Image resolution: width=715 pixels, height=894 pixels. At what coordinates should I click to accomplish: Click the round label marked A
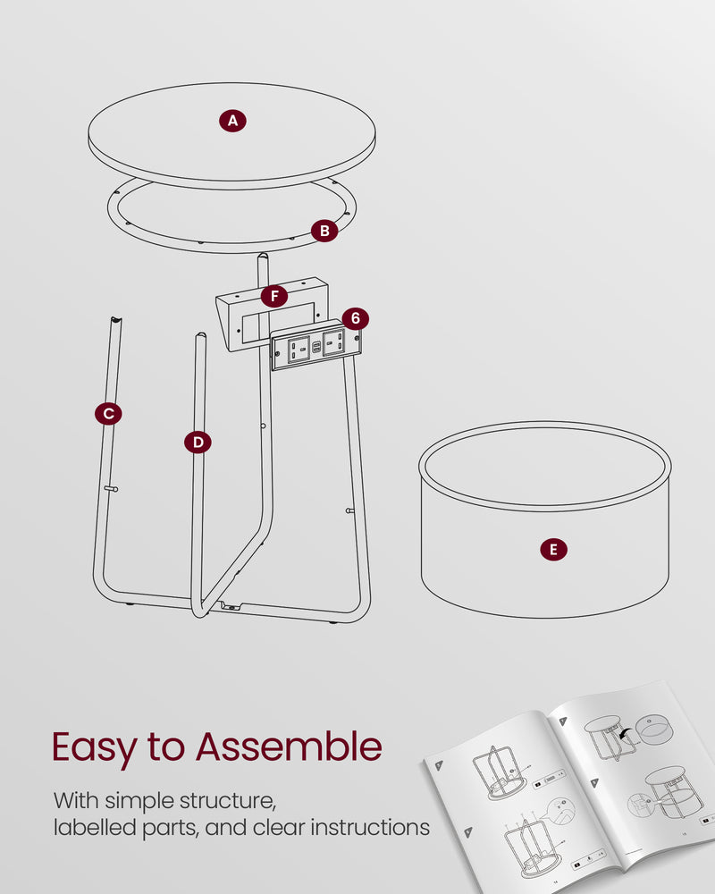(232, 121)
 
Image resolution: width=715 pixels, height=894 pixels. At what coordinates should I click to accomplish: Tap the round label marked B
(324, 231)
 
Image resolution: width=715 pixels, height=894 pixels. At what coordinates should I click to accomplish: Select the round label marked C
(108, 413)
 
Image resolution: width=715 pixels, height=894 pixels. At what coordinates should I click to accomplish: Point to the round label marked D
(198, 443)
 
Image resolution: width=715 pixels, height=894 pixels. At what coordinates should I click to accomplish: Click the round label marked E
(553, 550)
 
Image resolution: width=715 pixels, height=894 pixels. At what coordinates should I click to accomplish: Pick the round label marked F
(274, 296)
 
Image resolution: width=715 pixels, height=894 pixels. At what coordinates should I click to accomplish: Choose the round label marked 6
(355, 318)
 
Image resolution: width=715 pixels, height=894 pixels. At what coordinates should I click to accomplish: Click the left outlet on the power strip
(299, 349)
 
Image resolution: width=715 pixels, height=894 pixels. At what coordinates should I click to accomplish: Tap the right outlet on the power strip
(333, 342)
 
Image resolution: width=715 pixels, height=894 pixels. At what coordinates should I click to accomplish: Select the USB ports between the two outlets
(316, 347)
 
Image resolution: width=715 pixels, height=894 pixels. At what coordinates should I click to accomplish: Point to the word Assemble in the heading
(289, 746)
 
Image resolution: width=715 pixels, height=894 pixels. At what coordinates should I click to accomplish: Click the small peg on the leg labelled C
(111, 489)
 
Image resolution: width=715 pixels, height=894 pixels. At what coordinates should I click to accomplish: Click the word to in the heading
(166, 748)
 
